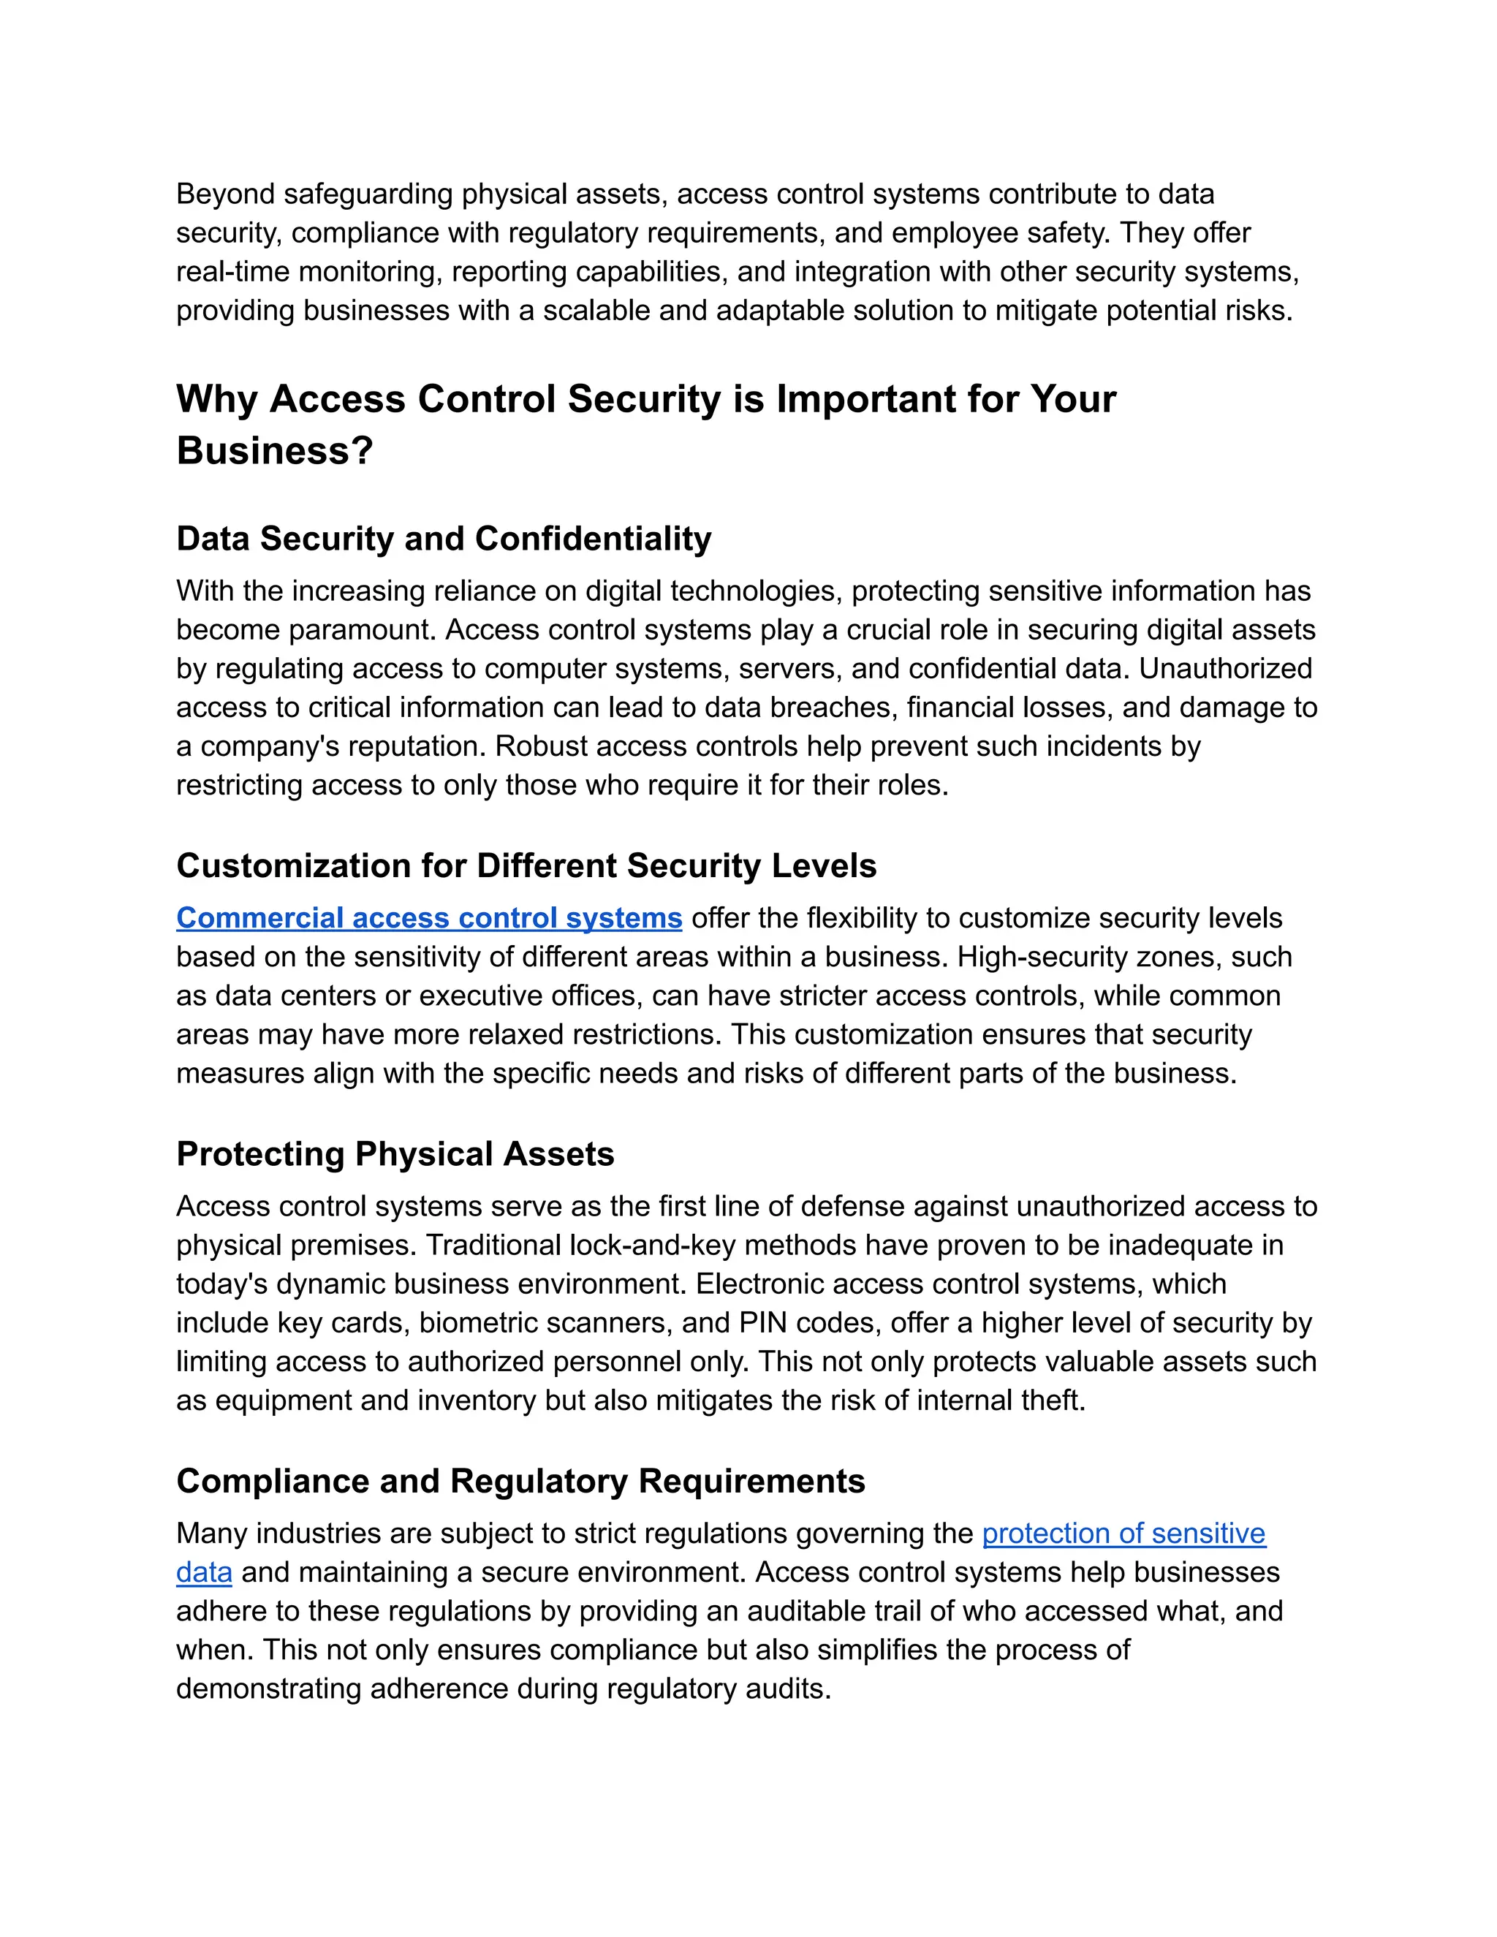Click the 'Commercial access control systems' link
pyautogui.click(x=429, y=918)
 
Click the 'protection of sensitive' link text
pyautogui.click(x=1123, y=1534)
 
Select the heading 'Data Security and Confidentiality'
pyautogui.click(x=444, y=539)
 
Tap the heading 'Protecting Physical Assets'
pyautogui.click(x=395, y=1155)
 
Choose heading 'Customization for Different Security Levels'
pyautogui.click(x=526, y=866)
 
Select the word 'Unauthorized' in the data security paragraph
pyautogui.click(x=1225, y=669)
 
